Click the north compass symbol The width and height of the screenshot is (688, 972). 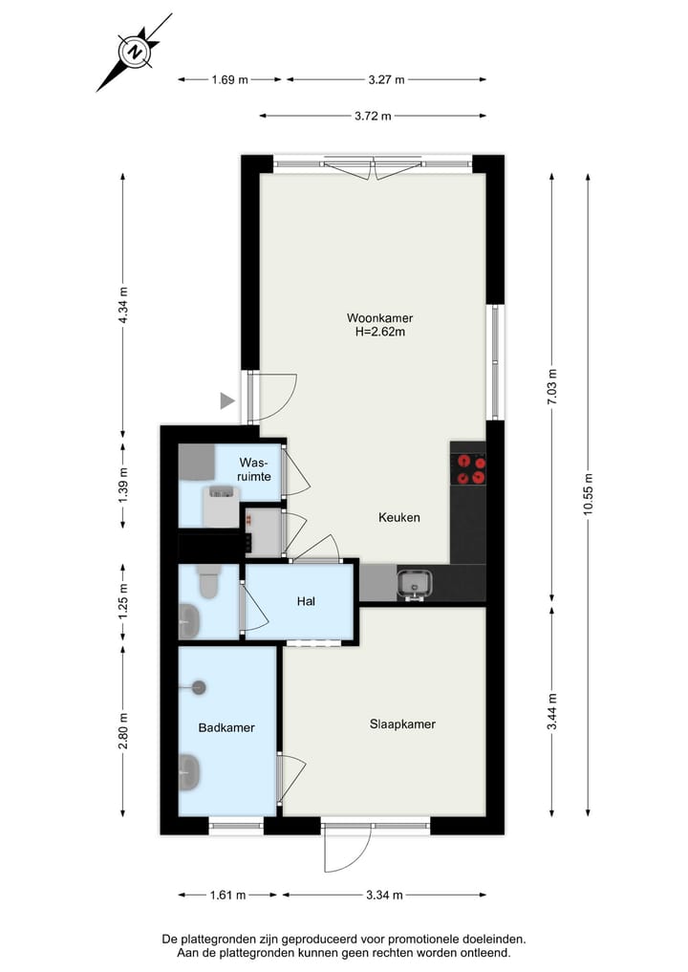point(136,52)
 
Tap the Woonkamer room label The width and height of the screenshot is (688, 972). point(380,318)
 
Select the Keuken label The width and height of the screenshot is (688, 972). point(399,517)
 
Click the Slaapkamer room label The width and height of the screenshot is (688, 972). point(402,724)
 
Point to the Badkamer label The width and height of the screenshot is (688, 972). point(226,728)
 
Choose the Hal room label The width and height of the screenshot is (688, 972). point(306,602)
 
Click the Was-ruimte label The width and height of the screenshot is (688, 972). point(255,468)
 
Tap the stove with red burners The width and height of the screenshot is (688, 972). point(468,468)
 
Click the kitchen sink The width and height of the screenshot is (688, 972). point(416,582)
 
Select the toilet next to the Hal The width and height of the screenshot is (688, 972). point(208,580)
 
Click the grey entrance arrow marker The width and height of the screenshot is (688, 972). point(227,401)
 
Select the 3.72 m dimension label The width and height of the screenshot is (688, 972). point(373,117)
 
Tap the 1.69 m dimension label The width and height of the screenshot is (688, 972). point(229,80)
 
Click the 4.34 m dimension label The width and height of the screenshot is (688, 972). point(122,305)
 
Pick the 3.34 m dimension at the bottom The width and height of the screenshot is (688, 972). point(383,896)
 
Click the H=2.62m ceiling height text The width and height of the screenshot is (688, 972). point(380,333)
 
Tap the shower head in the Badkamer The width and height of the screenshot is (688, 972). point(199,686)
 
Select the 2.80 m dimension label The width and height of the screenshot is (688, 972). point(122,731)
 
